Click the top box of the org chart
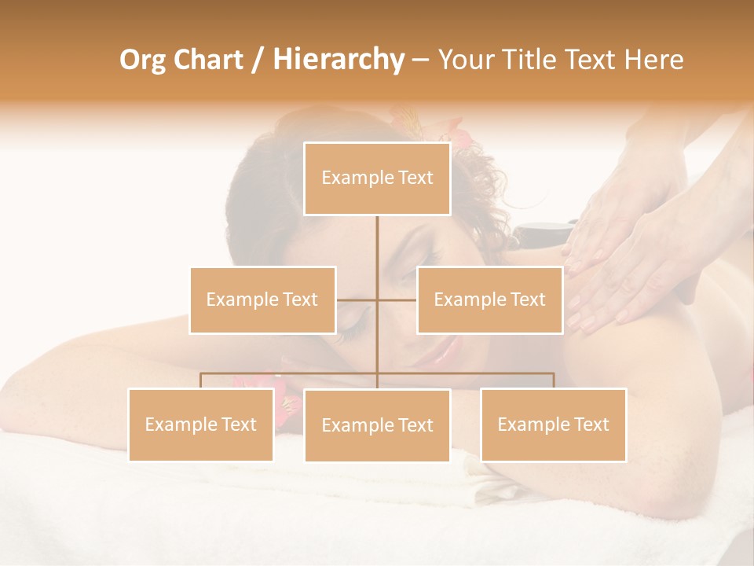[x=377, y=178]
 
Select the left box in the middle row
[x=262, y=300]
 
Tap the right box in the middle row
[x=489, y=300]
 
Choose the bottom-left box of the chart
[x=201, y=424]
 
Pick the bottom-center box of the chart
[x=377, y=425]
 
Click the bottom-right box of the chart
[x=553, y=424]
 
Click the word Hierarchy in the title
[x=339, y=59]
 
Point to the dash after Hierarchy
[x=420, y=61]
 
